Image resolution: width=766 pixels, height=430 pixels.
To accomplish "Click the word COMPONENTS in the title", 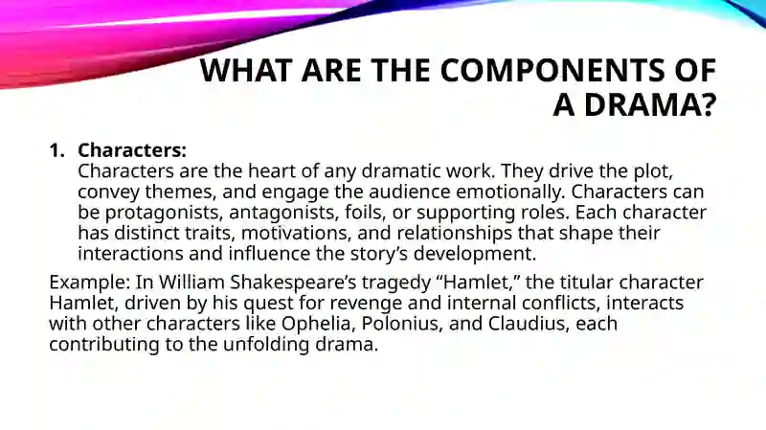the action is pyautogui.click(x=552, y=70).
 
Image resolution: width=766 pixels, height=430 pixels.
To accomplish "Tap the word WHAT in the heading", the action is pyautogui.click(x=246, y=70).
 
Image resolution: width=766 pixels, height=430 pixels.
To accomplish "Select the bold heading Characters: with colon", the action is pyautogui.click(x=132, y=150).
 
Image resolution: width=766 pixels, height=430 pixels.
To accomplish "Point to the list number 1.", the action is pyautogui.click(x=56, y=150).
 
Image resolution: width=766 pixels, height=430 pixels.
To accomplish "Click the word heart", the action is pyautogui.click(x=269, y=171).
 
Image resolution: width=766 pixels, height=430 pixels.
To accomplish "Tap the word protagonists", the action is pyautogui.click(x=164, y=213).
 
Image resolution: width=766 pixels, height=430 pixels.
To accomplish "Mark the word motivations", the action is pyautogui.click(x=296, y=233).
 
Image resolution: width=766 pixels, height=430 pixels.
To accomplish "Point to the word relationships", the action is pyautogui.click(x=454, y=233).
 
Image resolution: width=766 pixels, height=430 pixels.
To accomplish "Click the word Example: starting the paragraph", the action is pyautogui.click(x=89, y=283).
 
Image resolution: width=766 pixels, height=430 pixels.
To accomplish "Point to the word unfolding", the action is pyautogui.click(x=266, y=344).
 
